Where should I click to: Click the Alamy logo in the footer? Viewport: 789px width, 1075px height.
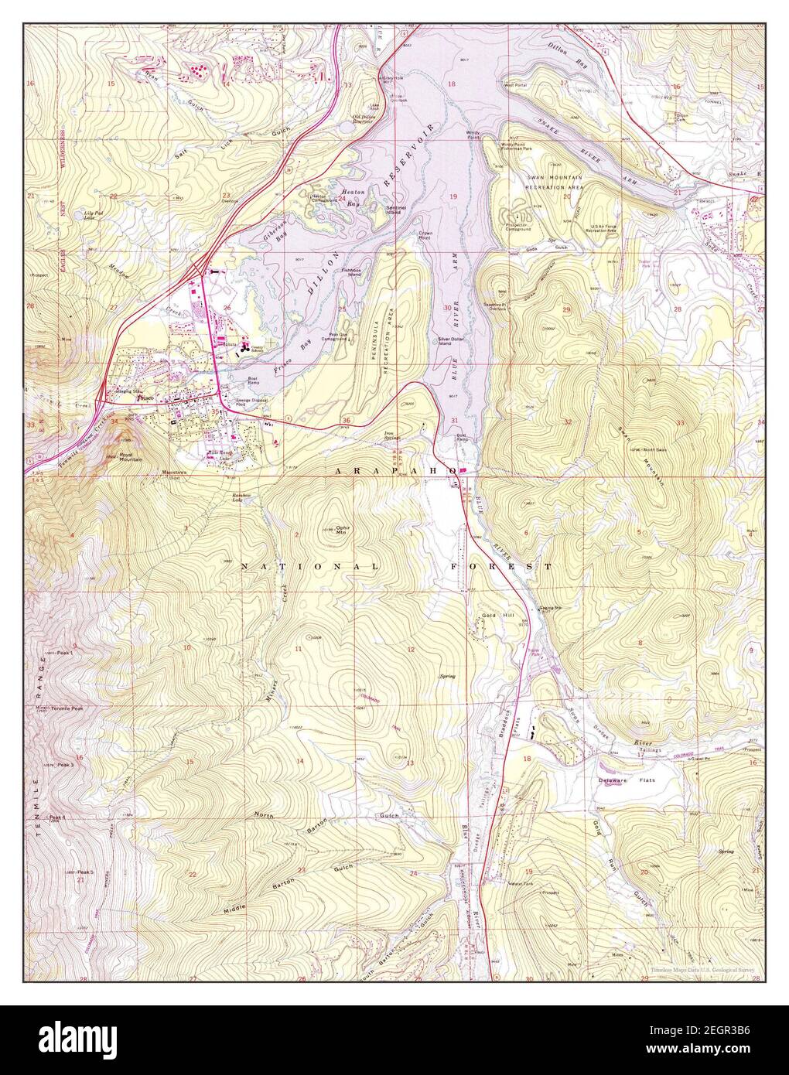tap(73, 1040)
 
